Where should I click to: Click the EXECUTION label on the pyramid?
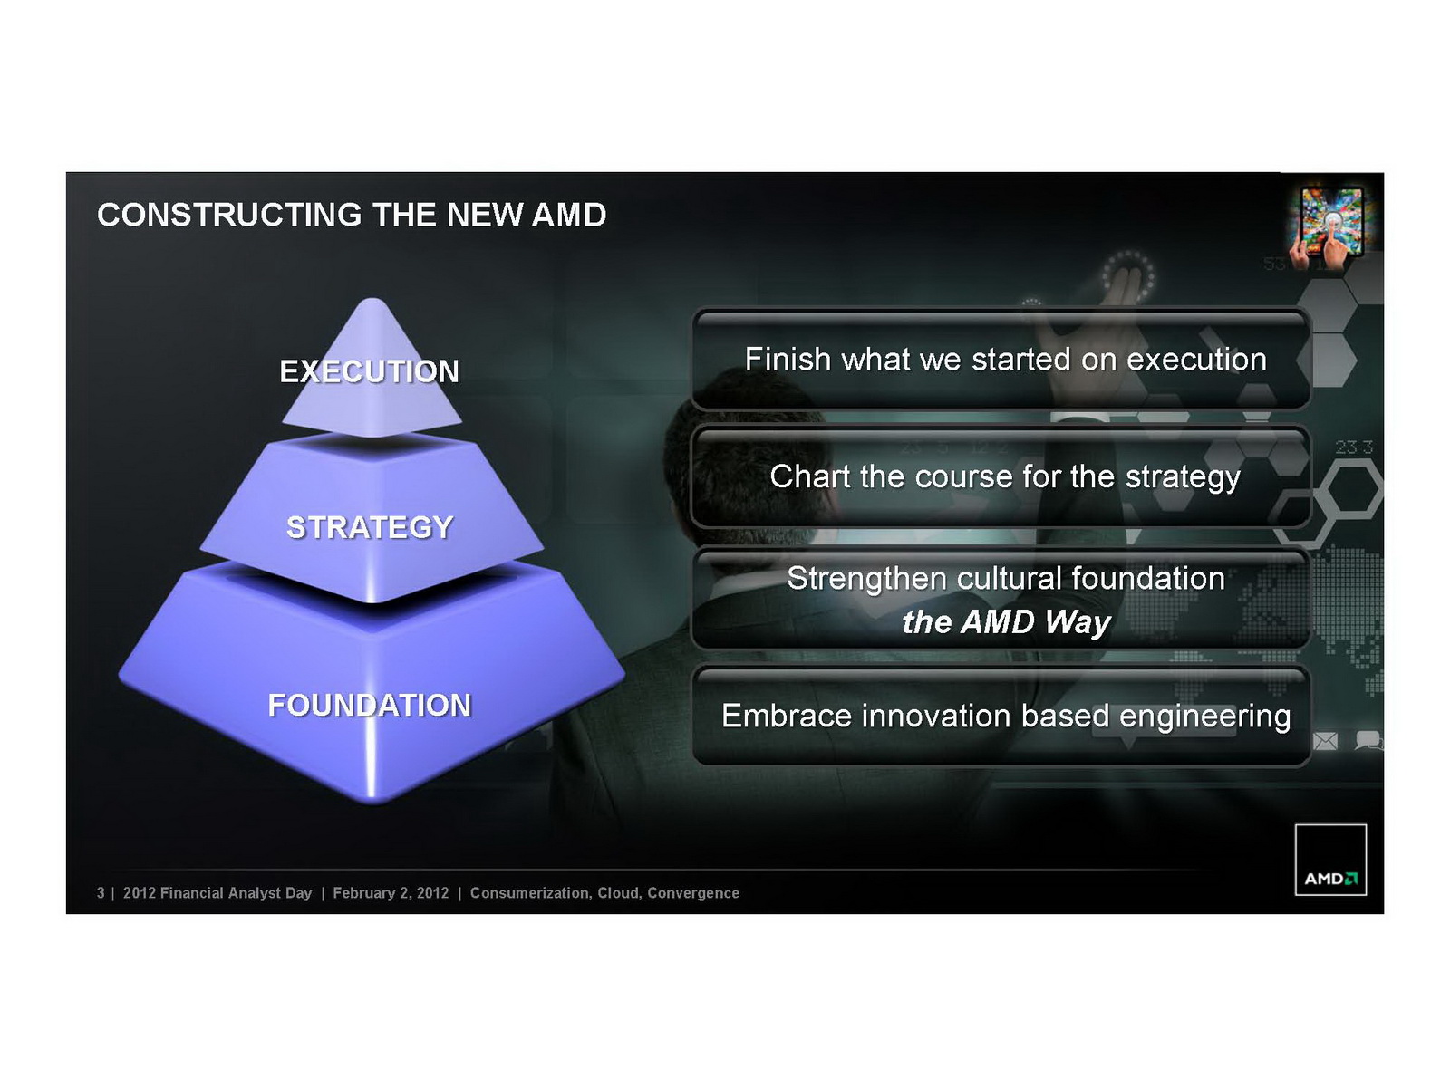[x=369, y=370]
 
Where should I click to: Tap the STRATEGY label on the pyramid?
[x=369, y=526]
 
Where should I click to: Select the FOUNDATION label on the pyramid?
[x=369, y=705]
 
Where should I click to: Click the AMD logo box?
[x=1330, y=860]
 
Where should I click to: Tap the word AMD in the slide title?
[x=569, y=215]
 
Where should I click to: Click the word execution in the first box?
[x=1196, y=360]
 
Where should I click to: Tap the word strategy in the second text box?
[x=1184, y=477]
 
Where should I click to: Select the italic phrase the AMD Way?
[x=1006, y=621]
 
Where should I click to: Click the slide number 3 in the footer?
[x=101, y=893]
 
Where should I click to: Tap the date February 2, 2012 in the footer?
[x=391, y=893]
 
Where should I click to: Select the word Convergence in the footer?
[x=693, y=893]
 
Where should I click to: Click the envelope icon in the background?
[x=1325, y=741]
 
